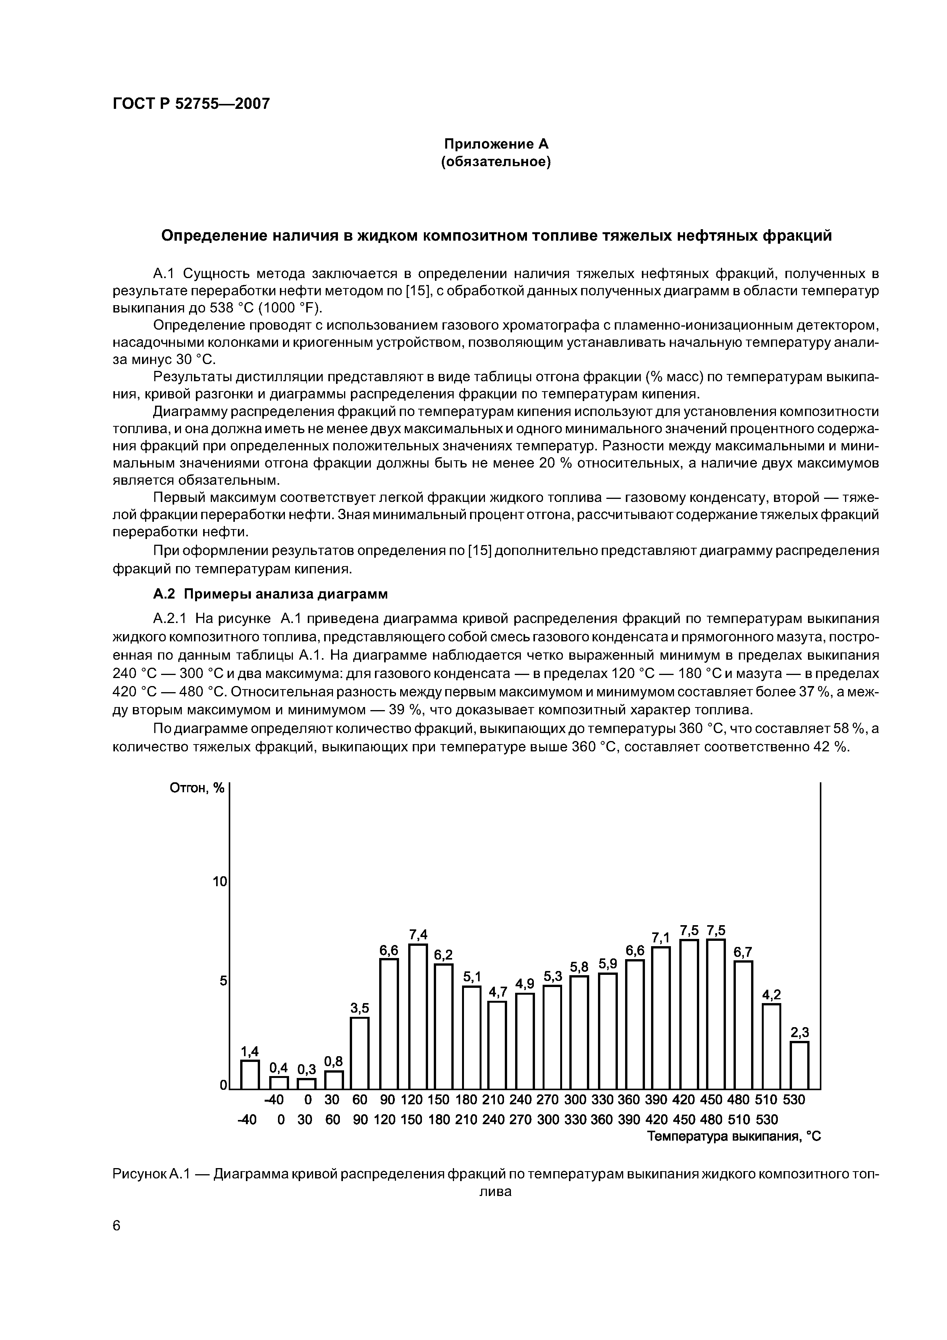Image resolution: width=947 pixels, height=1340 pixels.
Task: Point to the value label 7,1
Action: tap(661, 938)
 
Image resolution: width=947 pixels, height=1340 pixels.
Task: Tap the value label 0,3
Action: tap(306, 1069)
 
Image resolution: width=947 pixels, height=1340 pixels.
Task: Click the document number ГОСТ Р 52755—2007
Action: tap(191, 104)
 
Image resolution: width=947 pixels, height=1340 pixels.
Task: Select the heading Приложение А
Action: tap(496, 144)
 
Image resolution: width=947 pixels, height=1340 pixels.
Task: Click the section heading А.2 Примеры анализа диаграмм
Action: tap(270, 594)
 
